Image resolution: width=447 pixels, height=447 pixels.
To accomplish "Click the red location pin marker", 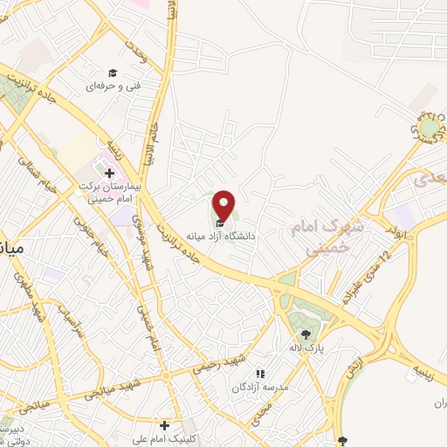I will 223,206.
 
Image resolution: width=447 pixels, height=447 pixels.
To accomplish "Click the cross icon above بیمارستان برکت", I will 109,174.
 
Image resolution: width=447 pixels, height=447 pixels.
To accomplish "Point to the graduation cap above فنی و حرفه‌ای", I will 112,72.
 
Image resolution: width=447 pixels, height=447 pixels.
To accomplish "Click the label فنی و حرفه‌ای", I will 108,86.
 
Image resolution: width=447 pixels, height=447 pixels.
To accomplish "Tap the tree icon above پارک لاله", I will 306,334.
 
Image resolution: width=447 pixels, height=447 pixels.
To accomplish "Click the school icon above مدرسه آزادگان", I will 259,374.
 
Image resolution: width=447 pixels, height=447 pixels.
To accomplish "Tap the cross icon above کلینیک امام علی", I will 164,424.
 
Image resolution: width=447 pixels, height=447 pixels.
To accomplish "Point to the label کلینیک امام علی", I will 162,438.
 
